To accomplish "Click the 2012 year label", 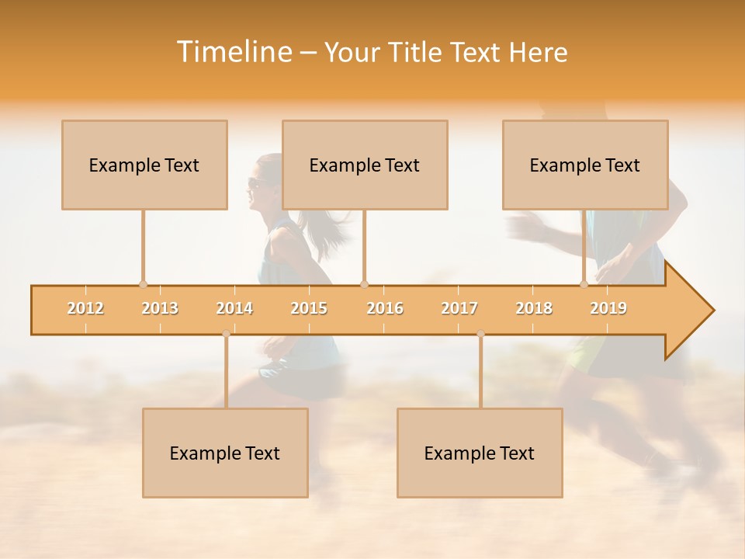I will [x=85, y=308].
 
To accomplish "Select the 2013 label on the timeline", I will [x=160, y=308].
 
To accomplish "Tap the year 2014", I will [x=234, y=308].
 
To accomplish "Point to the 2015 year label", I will [x=309, y=308].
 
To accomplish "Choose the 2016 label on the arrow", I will [x=385, y=308].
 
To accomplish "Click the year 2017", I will [x=459, y=308].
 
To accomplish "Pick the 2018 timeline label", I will [x=534, y=308].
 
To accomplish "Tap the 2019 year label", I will [x=608, y=308].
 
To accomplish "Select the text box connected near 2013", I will [x=144, y=165].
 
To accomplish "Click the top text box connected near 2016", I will [x=365, y=165].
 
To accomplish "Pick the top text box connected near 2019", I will [x=585, y=165].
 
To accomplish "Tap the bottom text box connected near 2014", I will [x=225, y=453].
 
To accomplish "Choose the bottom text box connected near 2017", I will [x=480, y=453].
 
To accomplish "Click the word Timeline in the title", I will [x=233, y=52].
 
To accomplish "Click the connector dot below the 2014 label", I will [x=226, y=334].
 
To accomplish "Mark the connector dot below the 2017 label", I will [x=480, y=334].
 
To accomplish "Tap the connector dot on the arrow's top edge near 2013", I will [x=143, y=284].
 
